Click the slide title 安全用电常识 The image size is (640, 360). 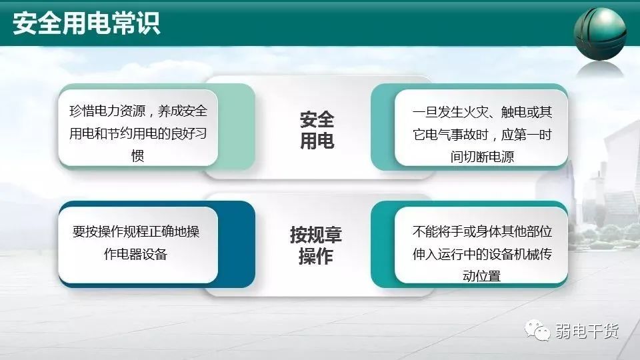[86, 23]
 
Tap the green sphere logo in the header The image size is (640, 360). [599, 33]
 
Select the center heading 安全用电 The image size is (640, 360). [317, 130]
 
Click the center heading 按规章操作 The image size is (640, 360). [316, 245]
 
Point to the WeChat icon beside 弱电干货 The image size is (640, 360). [537, 330]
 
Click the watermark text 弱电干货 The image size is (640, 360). [587, 331]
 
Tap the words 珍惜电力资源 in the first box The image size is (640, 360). [107, 111]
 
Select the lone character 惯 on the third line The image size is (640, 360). [137, 155]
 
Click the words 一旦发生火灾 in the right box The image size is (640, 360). [450, 112]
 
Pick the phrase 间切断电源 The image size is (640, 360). [482, 156]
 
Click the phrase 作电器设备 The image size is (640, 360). [135, 254]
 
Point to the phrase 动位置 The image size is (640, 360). [481, 276]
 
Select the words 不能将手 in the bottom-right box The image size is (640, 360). [437, 231]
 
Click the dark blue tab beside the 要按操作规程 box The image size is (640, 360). [236, 244]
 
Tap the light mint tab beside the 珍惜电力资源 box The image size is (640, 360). [236, 127]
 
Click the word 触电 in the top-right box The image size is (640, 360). [513, 112]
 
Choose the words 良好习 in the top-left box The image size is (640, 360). [189, 133]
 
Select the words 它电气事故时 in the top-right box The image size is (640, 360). [450, 134]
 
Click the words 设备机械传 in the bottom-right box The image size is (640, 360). [521, 254]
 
